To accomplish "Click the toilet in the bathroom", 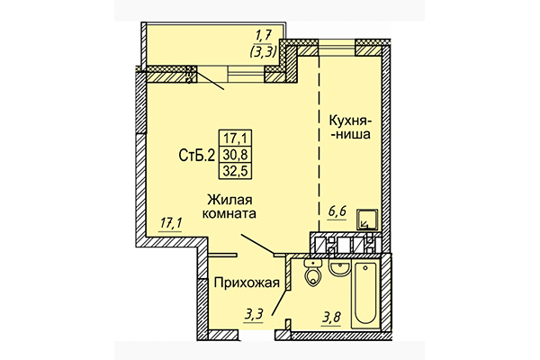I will (312, 274).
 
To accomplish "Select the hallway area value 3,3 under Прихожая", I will (256, 314).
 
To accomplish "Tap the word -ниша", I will (352, 136).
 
